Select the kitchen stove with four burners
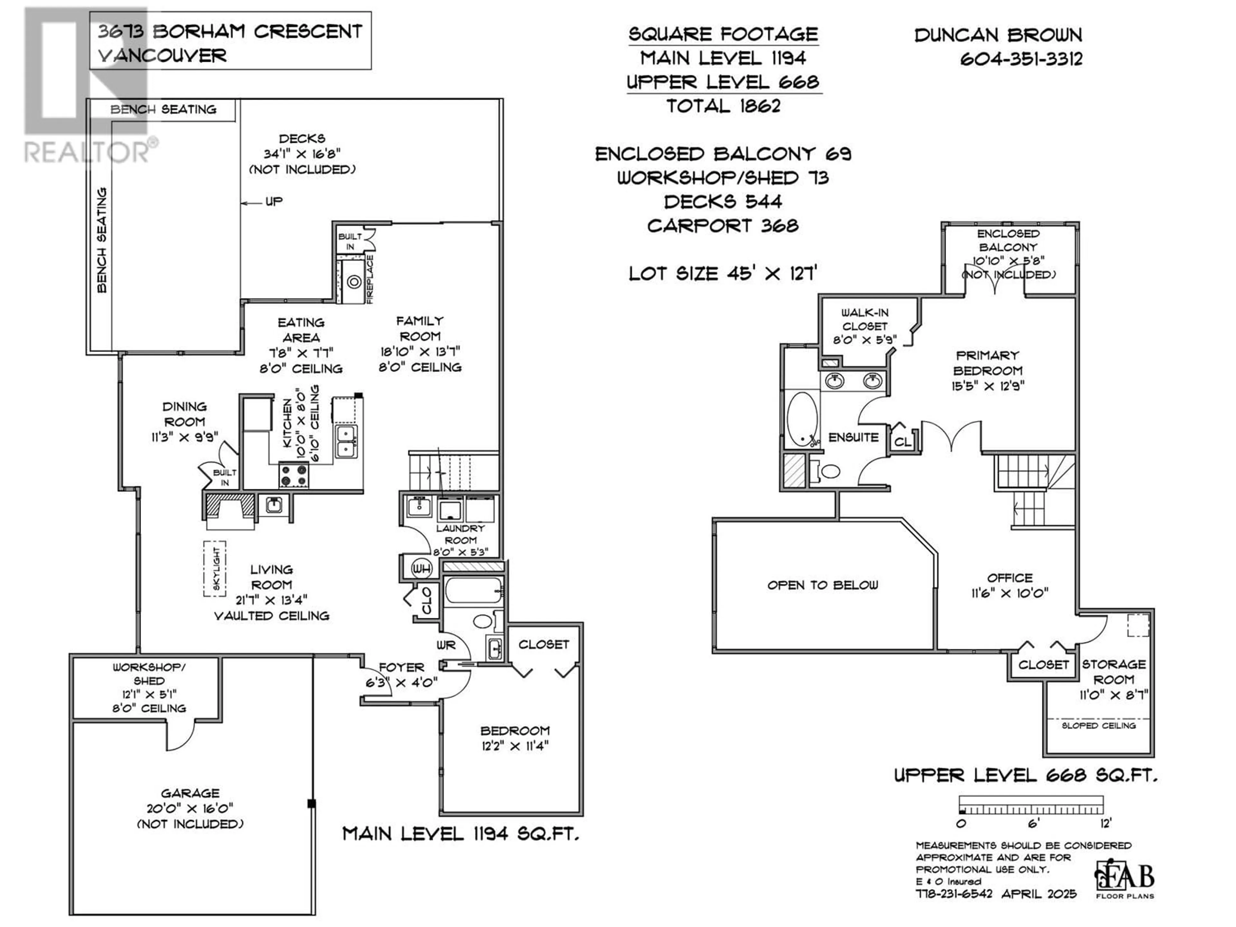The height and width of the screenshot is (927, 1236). pyautogui.click(x=293, y=475)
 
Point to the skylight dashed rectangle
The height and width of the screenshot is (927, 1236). pyautogui.click(x=215, y=568)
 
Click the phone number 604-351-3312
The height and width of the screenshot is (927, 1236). pyautogui.click(x=1021, y=59)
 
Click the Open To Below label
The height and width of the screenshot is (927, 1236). pyautogui.click(x=822, y=585)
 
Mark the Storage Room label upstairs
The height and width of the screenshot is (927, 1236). pyautogui.click(x=1114, y=672)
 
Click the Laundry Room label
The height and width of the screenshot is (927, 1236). pyautogui.click(x=460, y=534)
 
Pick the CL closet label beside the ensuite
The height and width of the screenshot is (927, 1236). pyautogui.click(x=903, y=441)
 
